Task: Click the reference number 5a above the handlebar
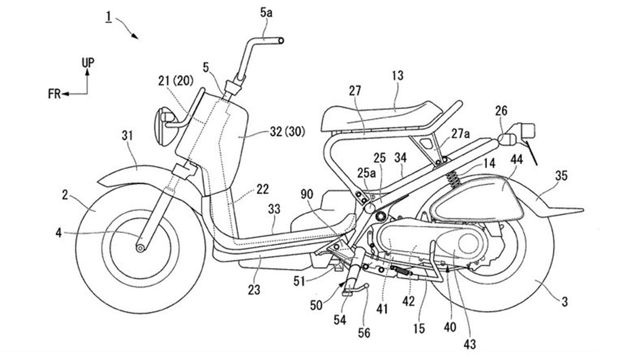[266, 13]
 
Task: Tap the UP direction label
[88, 63]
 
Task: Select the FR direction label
[54, 94]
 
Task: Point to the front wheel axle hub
[140, 248]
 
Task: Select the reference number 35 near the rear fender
[561, 176]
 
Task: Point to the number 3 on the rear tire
[564, 302]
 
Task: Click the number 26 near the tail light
[501, 111]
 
